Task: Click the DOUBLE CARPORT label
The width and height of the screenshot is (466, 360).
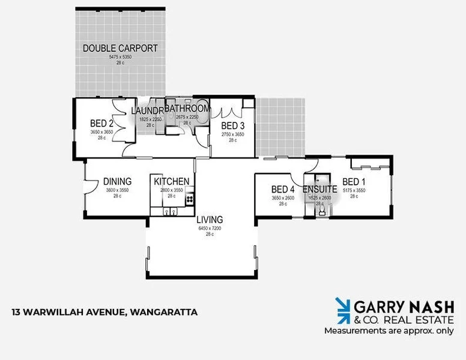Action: [120, 48]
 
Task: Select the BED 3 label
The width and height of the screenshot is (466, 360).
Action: [232, 125]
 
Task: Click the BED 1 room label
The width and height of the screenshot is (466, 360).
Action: [354, 182]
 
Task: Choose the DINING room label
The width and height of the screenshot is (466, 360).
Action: [117, 181]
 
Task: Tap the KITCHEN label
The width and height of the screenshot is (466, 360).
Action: [171, 181]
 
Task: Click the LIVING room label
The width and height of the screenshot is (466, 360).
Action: [210, 219]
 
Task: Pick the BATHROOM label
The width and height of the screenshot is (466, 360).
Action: [187, 109]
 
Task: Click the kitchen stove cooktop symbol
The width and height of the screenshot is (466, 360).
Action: [190, 199]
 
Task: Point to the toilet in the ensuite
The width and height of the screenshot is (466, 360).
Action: [322, 211]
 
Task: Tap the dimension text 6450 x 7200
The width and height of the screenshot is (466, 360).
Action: [210, 228]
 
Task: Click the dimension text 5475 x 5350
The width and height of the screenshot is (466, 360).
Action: [120, 57]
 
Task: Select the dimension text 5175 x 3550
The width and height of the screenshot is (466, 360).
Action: [354, 190]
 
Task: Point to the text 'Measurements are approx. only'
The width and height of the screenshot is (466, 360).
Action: [389, 331]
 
